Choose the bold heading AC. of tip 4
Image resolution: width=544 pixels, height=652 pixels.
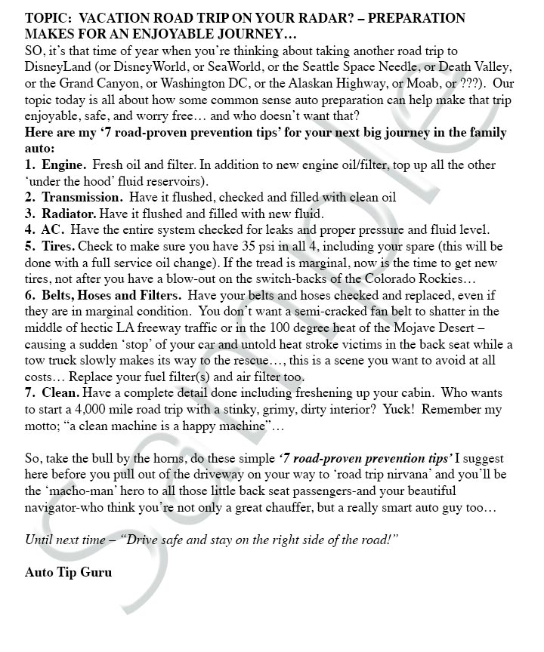pos(53,230)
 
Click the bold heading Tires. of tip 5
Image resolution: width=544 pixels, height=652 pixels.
pos(58,247)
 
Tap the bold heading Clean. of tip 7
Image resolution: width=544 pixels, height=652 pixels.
pos(60,393)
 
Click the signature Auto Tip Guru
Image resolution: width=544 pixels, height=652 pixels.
pos(68,572)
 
